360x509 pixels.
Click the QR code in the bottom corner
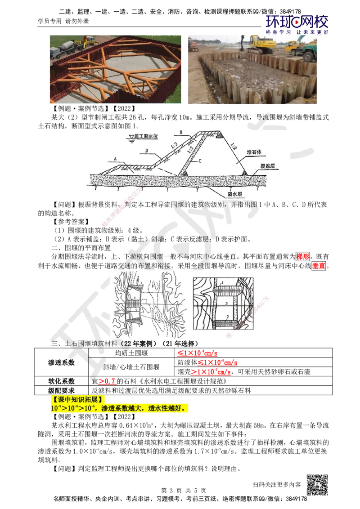tap(319, 485)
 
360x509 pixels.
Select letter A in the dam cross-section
tap(116, 159)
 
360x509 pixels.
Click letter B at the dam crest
tap(180, 133)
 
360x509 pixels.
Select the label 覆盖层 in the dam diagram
tap(269, 166)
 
